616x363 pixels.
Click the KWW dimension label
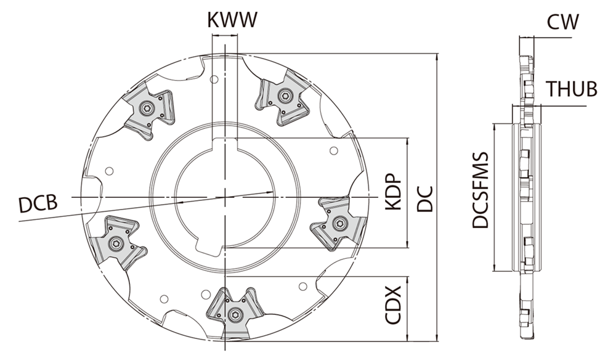[x=232, y=20]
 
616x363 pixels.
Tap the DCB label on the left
[x=38, y=203]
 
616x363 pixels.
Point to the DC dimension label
[x=425, y=199]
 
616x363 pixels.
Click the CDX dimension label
[x=393, y=305]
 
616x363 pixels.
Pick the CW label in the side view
[x=563, y=22]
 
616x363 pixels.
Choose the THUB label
[x=572, y=89]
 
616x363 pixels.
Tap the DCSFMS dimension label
[x=480, y=190]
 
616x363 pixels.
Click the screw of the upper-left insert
[x=148, y=108]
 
